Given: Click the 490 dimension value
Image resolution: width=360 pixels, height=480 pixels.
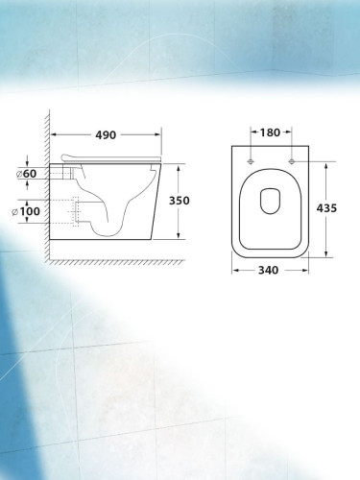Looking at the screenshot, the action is tap(106, 135).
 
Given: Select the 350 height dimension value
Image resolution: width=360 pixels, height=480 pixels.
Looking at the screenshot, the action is tap(179, 201).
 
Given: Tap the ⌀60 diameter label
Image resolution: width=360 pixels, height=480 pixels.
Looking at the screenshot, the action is tap(27, 174).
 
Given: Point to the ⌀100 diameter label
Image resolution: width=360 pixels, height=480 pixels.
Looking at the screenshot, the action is tap(26, 211).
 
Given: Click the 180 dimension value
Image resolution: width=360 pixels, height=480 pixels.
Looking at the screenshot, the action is tap(270, 132).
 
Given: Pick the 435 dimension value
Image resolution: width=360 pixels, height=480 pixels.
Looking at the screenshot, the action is tap(326, 208).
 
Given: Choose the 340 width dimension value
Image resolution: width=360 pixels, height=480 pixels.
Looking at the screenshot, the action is tap(268, 271).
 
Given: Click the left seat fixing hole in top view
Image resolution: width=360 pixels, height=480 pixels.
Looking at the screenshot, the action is tap(251, 161).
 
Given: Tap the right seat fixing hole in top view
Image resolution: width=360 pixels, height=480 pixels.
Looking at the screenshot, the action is tap(291, 161).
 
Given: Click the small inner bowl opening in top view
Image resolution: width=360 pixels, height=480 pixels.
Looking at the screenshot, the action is tap(271, 202).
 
